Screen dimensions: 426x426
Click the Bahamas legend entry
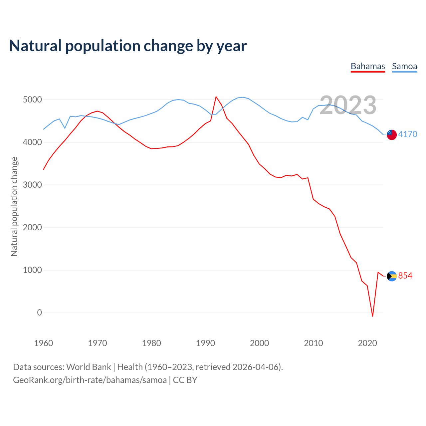368,66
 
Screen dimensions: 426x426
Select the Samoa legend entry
404,66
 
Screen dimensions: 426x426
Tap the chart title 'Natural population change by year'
128,46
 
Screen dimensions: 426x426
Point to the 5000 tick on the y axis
32,100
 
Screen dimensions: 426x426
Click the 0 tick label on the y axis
40,313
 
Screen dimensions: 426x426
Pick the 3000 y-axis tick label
32,185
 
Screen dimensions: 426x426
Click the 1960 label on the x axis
44,343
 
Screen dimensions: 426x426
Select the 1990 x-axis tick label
205,343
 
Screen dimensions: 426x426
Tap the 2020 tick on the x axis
367,343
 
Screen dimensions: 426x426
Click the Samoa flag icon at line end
392,134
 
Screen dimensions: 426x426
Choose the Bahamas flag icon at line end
392,276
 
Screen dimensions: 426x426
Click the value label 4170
408,134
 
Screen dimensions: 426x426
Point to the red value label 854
405,276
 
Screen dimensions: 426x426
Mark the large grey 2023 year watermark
348,105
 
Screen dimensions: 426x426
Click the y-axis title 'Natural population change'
14,206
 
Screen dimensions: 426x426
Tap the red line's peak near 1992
216,97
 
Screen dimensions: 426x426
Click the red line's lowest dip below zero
372,316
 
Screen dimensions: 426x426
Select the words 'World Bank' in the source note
89,367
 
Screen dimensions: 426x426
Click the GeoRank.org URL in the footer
90,380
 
